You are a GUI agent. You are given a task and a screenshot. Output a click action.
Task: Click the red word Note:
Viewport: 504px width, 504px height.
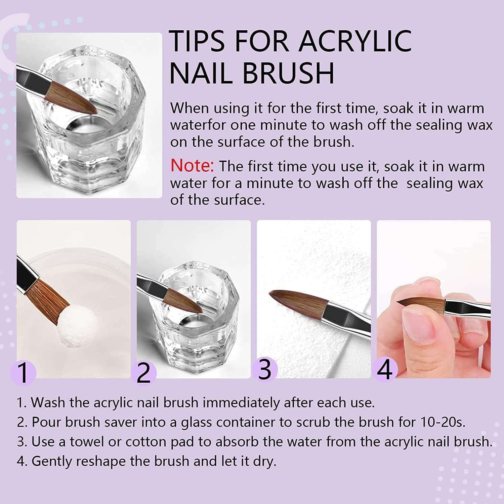[192, 166]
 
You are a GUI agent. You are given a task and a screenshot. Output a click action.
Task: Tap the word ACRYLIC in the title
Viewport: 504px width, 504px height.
[355, 41]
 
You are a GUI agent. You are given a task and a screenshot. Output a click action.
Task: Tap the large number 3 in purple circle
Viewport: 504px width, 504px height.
[265, 370]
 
